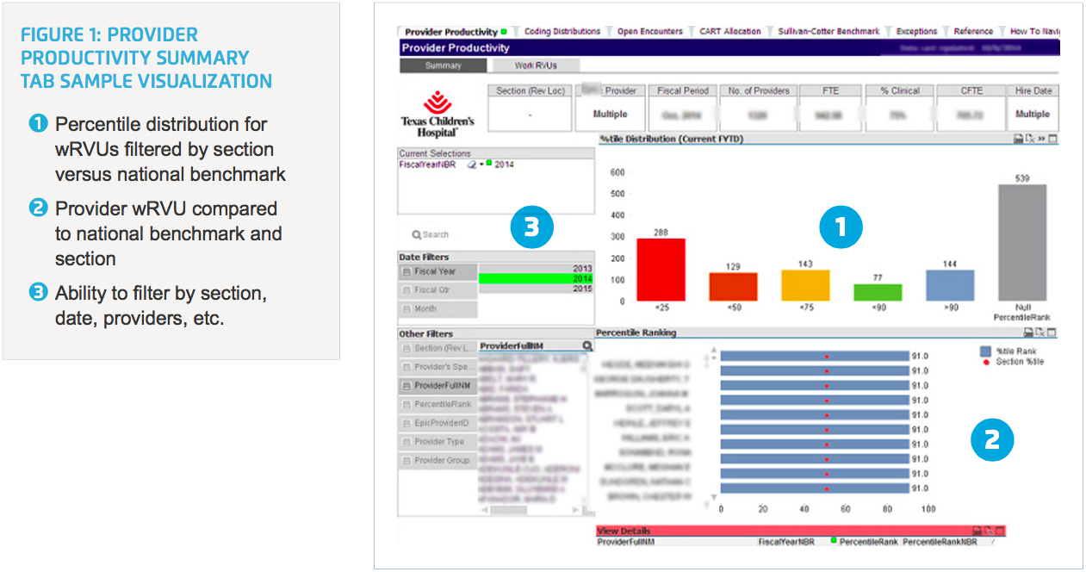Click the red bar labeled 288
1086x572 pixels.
click(x=661, y=270)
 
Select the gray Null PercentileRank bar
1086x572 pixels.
click(x=1022, y=243)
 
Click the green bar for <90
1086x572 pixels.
click(x=878, y=293)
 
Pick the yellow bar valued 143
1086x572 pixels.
click(x=805, y=285)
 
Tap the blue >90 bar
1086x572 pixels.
click(x=950, y=285)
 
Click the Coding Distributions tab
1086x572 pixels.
click(x=562, y=31)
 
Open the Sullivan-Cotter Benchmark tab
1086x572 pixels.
click(x=828, y=31)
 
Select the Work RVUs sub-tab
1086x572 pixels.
click(x=536, y=65)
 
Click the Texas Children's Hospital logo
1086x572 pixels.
click(x=438, y=113)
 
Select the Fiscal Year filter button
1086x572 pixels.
click(x=438, y=271)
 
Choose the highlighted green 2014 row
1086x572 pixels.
click(x=536, y=278)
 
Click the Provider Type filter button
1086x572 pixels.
click(x=438, y=442)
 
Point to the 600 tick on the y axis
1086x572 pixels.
click(x=617, y=172)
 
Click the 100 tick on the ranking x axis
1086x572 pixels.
click(x=928, y=509)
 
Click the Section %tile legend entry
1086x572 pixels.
click(x=1020, y=362)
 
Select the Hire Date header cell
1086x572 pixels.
click(x=1032, y=90)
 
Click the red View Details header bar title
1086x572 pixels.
click(x=624, y=531)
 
